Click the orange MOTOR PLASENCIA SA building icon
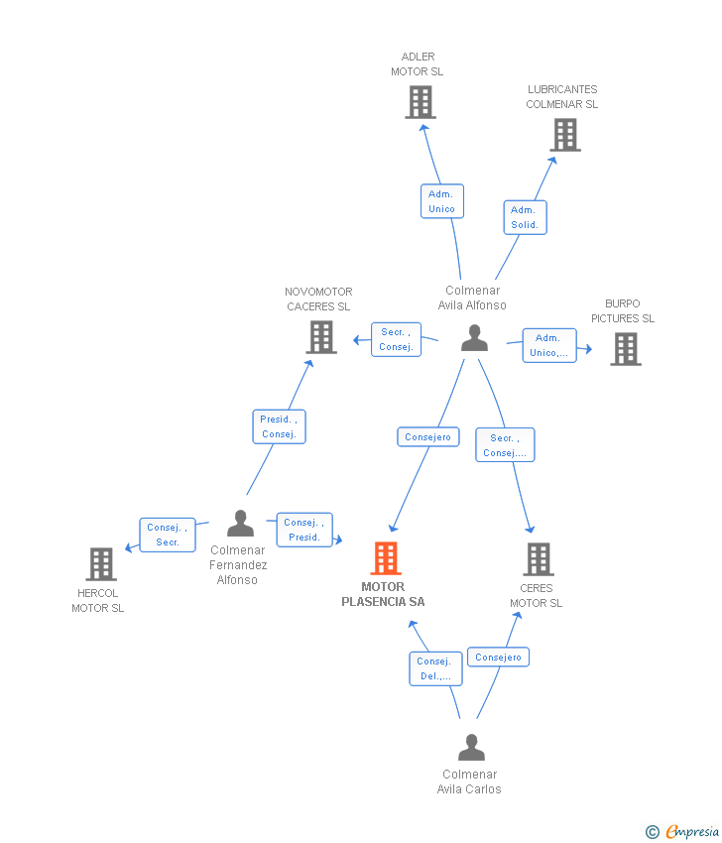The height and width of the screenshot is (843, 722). [x=386, y=558]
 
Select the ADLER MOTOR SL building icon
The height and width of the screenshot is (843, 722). [x=421, y=102]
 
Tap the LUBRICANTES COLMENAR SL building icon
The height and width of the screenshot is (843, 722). [x=565, y=135]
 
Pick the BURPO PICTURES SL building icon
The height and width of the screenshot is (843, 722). [x=626, y=349]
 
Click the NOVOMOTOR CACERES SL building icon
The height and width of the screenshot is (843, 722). [x=321, y=337]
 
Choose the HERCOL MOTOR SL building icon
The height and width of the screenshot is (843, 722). [x=101, y=564]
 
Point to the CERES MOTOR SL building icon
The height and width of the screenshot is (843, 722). [x=539, y=559]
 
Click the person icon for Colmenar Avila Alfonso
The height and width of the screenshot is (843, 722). [x=474, y=338]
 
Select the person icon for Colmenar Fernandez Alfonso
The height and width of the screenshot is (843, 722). [x=240, y=523]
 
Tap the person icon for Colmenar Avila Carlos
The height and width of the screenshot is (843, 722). [x=471, y=748]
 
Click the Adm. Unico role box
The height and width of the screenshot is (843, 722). [x=442, y=201]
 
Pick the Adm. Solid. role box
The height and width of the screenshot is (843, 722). [x=525, y=218]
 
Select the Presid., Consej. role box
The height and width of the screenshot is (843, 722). [x=279, y=426]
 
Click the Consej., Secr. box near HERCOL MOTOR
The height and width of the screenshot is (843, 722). [x=168, y=535]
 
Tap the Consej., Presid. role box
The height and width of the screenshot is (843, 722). [x=304, y=531]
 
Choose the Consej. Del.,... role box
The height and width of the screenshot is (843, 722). [x=435, y=668]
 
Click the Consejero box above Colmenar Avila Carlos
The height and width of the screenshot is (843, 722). [x=498, y=657]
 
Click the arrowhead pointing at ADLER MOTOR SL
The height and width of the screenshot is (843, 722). [x=424, y=129]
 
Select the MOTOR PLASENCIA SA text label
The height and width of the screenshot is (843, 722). [x=383, y=595]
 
